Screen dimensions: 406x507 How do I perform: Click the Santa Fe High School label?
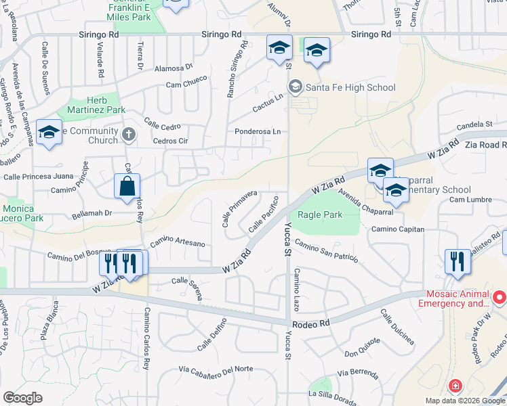click(350, 87)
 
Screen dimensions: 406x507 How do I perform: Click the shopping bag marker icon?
click(127, 186)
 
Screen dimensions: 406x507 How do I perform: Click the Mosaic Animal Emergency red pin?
click(500, 297)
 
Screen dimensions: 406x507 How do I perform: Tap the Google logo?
click(22, 398)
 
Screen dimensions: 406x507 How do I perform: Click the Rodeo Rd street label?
click(315, 323)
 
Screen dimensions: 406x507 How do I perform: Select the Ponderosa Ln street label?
click(257, 131)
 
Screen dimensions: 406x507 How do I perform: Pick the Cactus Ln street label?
click(268, 106)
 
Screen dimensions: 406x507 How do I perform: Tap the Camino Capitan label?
click(397, 229)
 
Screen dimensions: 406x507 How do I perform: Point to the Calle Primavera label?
click(240, 207)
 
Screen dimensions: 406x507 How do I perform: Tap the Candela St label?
click(474, 125)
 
